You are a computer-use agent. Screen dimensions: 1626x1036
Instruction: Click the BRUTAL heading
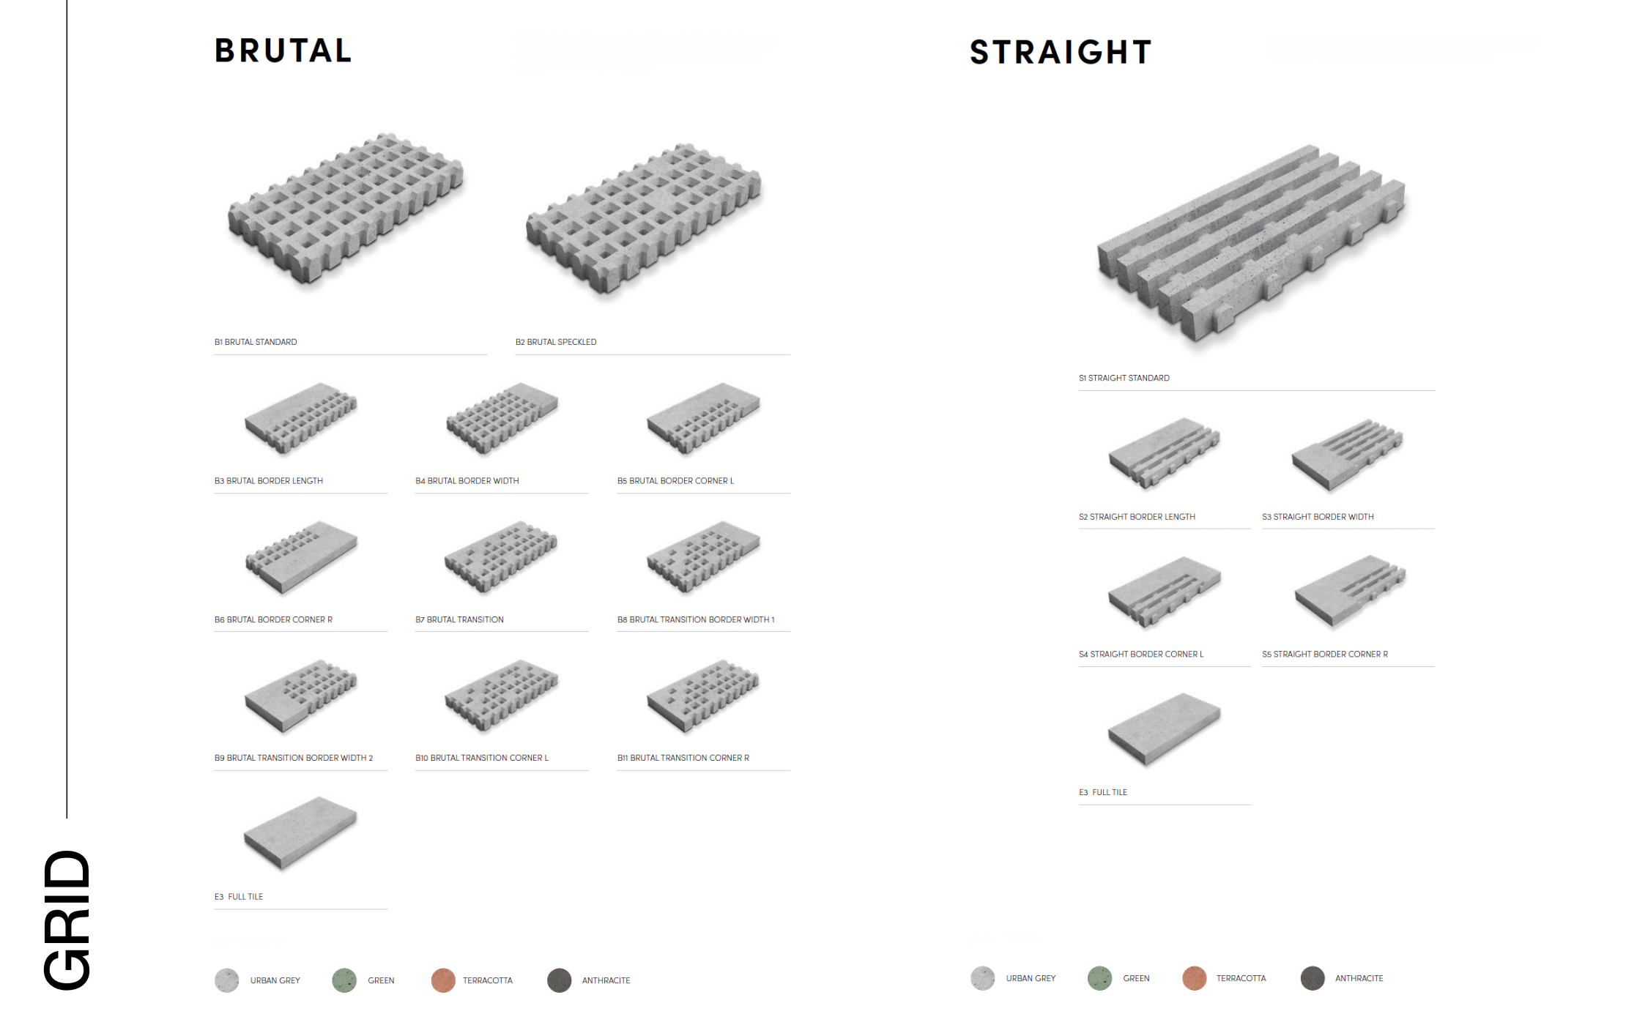click(283, 51)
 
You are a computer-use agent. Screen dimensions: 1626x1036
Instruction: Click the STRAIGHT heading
click(1061, 52)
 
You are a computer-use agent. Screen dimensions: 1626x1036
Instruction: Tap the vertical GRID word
click(67, 920)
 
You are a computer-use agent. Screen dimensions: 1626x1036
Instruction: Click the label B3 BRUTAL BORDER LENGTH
click(269, 481)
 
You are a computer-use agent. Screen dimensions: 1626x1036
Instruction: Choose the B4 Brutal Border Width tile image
click(502, 418)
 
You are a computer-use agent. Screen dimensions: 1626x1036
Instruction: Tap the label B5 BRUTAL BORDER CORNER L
click(675, 481)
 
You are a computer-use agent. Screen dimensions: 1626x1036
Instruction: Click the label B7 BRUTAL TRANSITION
click(459, 619)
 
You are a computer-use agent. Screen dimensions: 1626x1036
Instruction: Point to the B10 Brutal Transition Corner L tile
click(502, 696)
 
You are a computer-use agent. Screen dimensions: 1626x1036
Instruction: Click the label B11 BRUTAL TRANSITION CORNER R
click(683, 758)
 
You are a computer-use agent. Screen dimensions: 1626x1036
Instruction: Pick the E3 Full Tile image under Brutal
click(300, 833)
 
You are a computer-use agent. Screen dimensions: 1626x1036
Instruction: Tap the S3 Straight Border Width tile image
click(1347, 455)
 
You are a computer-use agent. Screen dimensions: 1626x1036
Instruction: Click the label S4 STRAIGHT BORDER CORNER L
click(1141, 655)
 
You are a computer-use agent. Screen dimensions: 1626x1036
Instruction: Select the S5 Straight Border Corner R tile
click(1350, 592)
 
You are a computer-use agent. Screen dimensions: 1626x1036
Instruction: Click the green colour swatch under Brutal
click(344, 980)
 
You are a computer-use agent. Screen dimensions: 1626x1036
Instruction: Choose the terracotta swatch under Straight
click(1195, 978)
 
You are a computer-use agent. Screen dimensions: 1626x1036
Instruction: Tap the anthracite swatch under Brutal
click(560, 980)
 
